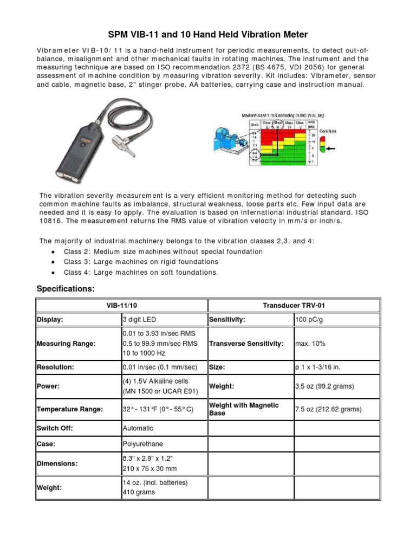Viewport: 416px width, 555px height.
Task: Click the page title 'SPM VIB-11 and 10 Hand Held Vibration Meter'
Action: tap(208, 35)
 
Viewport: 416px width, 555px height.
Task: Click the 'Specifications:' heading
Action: tap(65, 289)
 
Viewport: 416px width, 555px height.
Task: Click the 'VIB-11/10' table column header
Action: tap(121, 305)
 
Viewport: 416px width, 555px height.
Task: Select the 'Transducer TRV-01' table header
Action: tap(294, 305)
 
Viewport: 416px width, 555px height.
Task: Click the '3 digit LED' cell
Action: tap(141, 320)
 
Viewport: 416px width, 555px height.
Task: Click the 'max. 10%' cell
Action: tap(310, 344)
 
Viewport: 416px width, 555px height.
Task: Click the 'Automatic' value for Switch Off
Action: tap(138, 428)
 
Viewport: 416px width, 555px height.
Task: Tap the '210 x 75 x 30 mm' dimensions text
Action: tap(149, 468)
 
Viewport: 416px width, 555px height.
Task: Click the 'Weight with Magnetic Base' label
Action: tap(244, 409)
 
